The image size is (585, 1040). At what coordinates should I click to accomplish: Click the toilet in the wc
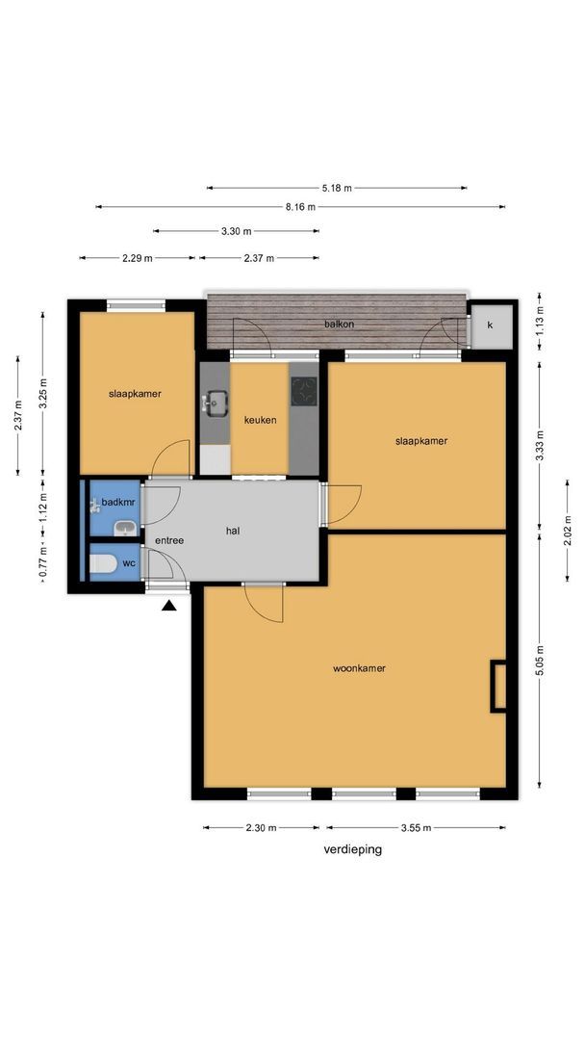click(103, 563)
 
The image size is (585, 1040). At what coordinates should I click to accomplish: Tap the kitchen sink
click(216, 403)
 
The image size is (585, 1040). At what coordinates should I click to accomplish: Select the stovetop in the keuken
click(304, 391)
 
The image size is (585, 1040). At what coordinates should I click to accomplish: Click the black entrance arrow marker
click(169, 605)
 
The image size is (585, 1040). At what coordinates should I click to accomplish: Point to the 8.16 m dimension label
click(301, 207)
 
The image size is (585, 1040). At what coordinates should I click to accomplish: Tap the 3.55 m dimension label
click(416, 828)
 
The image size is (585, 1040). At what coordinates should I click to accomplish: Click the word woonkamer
click(359, 668)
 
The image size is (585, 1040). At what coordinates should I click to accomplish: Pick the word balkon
click(340, 325)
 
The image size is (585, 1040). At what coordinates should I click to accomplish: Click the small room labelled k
click(491, 325)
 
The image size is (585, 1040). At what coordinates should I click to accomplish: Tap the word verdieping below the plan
click(353, 849)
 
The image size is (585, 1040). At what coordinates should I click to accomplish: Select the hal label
click(233, 531)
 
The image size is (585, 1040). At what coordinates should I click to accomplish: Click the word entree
click(169, 540)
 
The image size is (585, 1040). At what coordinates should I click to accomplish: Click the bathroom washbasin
click(125, 529)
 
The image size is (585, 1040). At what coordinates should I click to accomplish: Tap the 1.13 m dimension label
click(541, 321)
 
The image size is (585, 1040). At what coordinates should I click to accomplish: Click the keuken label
click(261, 420)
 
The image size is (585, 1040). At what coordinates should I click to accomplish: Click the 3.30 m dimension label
click(237, 231)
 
